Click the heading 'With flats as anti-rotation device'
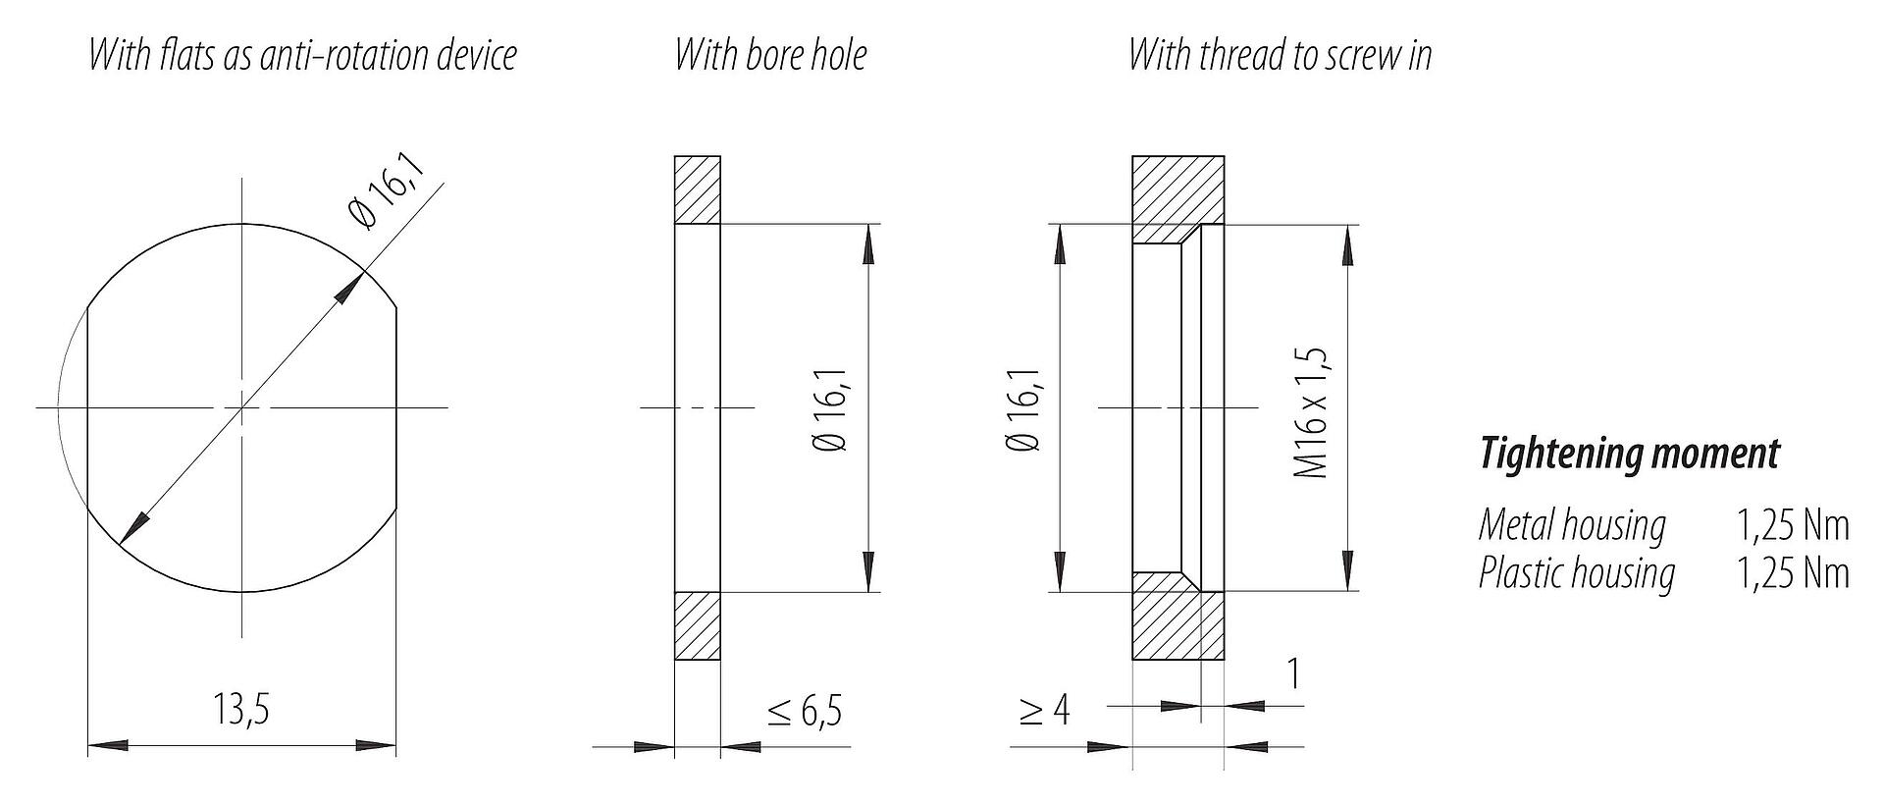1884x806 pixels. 302,55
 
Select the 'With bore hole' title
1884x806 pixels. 771,55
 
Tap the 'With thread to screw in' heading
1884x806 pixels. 1280,55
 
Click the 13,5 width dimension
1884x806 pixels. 241,709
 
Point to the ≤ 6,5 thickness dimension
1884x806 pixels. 805,711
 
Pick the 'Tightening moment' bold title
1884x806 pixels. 1629,455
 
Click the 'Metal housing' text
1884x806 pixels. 1572,526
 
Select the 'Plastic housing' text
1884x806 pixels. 1576,572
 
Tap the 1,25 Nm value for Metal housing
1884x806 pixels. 1793,526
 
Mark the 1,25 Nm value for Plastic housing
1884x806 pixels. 1793,572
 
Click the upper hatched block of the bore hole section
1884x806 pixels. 698,189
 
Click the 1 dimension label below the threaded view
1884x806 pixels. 1293,673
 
